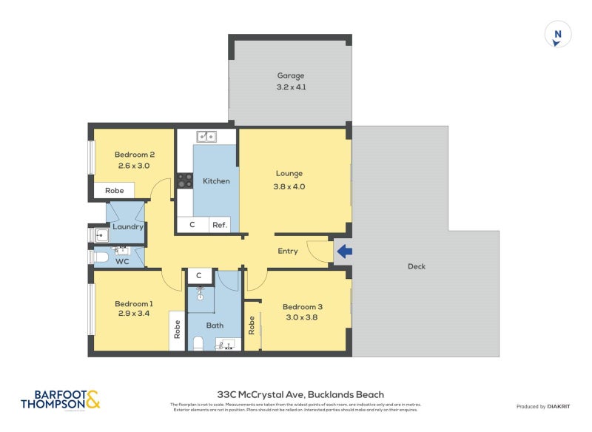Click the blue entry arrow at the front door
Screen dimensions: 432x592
point(344,252)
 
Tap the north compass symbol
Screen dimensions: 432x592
point(559,35)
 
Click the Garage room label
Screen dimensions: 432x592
point(291,75)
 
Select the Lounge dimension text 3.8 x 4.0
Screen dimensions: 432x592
point(290,186)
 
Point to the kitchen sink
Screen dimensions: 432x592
point(206,136)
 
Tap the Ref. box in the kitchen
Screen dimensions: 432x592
point(220,225)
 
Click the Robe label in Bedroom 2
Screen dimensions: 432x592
point(114,190)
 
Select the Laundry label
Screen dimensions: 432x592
point(127,227)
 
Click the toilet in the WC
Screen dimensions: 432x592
point(101,258)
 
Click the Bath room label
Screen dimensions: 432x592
point(215,325)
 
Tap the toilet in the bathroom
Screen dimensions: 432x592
point(198,344)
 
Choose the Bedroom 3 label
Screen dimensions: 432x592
point(303,307)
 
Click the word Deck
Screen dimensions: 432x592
point(417,266)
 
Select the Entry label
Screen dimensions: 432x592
point(288,251)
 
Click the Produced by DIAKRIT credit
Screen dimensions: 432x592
point(543,407)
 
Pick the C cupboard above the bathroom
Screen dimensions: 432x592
point(199,276)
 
